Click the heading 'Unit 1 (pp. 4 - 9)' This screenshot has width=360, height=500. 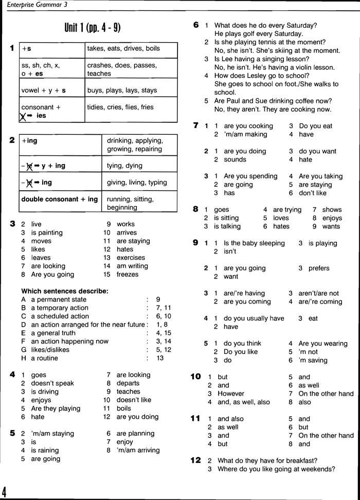[93, 28]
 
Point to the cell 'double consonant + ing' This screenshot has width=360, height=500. [60, 200]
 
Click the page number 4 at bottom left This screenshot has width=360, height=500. [4, 490]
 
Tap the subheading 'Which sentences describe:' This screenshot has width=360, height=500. [65, 291]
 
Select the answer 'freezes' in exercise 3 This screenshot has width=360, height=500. [128, 275]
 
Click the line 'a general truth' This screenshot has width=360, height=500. [53, 333]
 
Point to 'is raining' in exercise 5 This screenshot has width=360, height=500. [45, 450]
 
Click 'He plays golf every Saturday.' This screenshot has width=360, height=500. [259, 34]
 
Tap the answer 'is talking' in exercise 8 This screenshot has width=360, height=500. [227, 226]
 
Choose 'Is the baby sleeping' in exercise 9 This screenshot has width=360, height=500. [254, 243]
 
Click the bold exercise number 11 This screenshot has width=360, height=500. [196, 418]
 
